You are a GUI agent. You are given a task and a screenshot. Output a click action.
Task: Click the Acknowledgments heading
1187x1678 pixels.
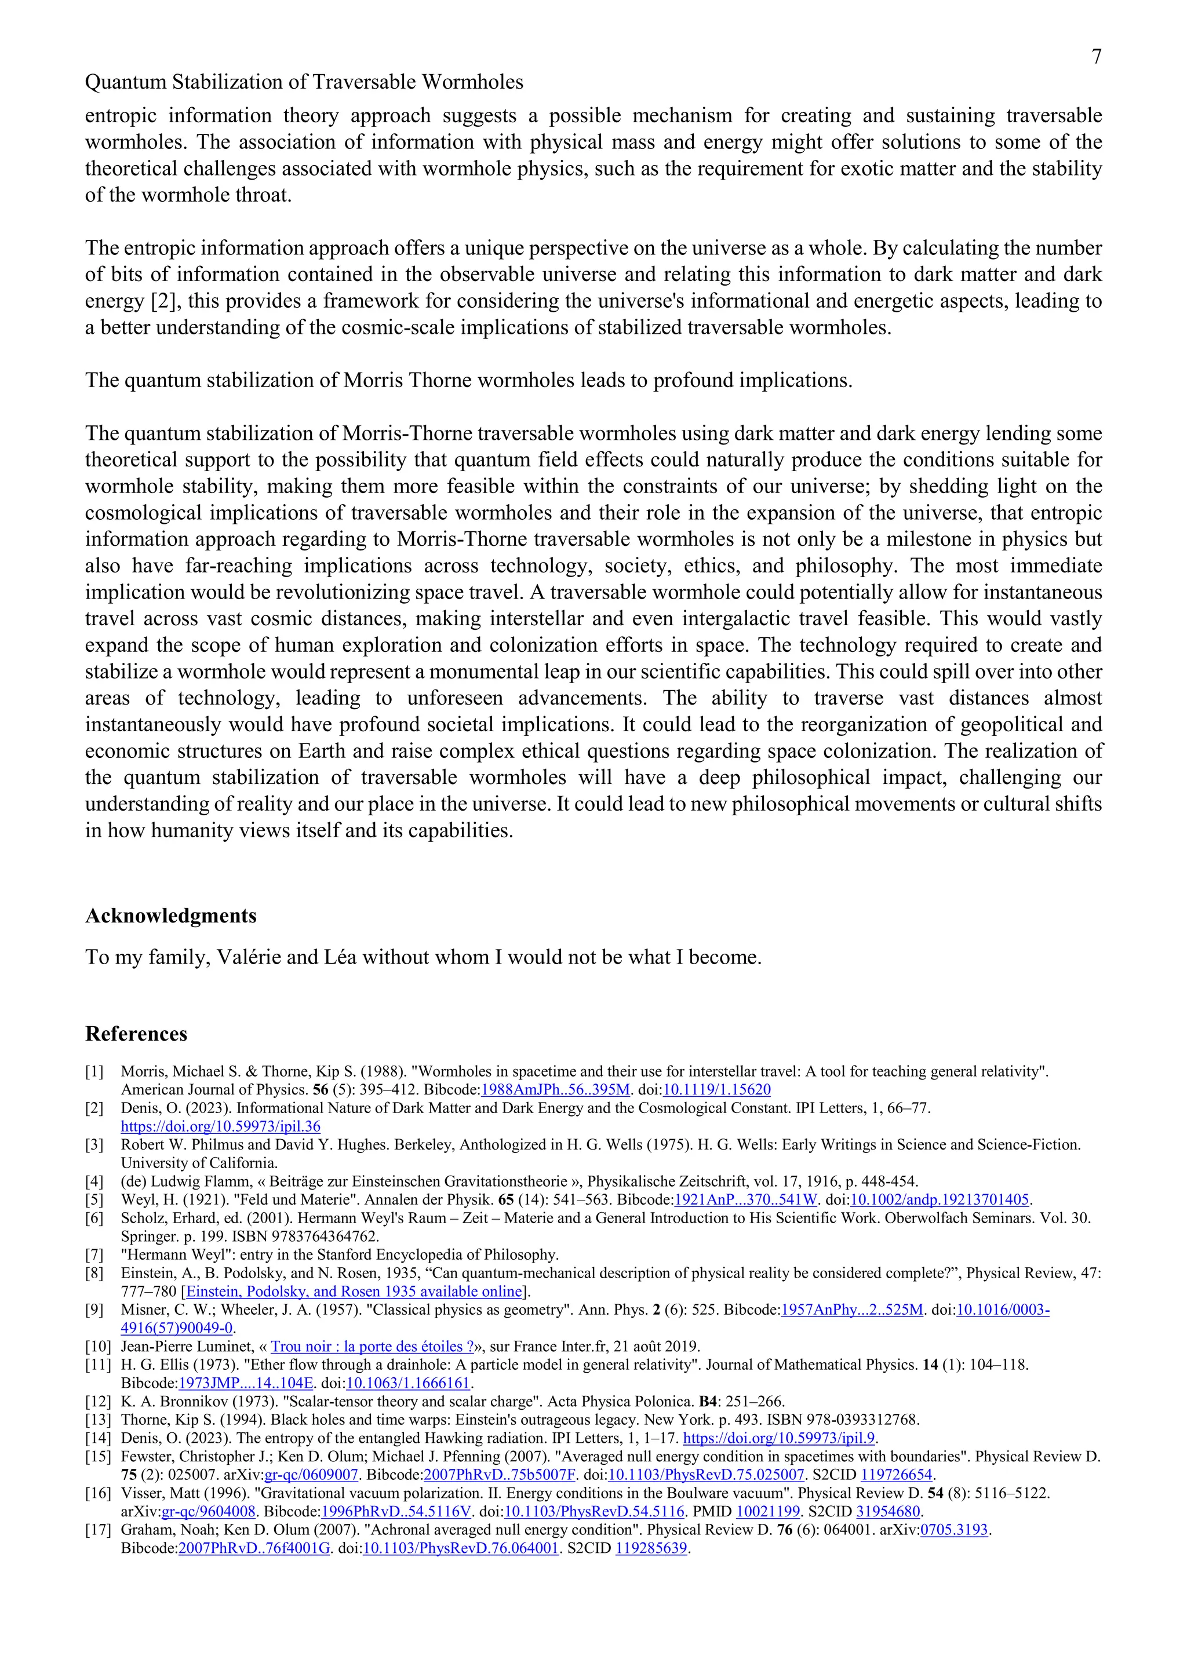click(x=171, y=915)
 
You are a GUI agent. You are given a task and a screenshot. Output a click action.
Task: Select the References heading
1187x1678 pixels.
click(x=136, y=1034)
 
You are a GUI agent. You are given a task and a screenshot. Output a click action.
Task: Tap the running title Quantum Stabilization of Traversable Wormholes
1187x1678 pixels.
click(x=304, y=82)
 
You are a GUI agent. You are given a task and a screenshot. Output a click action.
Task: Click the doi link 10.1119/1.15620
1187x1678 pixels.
click(x=716, y=1090)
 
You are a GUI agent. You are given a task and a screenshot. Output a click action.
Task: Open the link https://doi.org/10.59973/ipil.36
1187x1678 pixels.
click(x=221, y=1126)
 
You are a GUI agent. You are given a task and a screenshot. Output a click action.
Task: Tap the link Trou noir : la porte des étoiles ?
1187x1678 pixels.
click(x=372, y=1346)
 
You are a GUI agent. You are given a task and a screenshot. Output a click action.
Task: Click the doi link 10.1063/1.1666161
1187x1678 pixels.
click(x=409, y=1382)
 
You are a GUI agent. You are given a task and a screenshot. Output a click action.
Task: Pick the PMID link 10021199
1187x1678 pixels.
click(x=768, y=1511)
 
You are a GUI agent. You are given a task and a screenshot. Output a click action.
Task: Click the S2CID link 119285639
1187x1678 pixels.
click(x=651, y=1548)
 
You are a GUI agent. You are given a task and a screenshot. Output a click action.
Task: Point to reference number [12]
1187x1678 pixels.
click(x=98, y=1402)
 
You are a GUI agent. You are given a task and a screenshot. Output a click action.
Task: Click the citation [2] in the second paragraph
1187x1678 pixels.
click(x=160, y=301)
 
